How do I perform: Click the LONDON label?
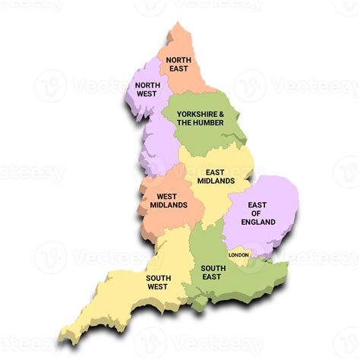coord(238,255)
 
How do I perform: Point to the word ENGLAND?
coord(258,222)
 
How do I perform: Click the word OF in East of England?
coord(258,213)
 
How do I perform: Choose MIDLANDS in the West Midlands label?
coord(169,205)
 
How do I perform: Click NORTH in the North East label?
coord(178,60)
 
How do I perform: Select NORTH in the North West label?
coord(147,85)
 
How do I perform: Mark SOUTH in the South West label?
coord(158,278)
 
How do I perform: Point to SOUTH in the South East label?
coord(213,268)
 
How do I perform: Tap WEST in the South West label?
coord(158,287)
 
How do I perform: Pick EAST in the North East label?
coord(178,69)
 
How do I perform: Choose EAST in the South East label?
coord(213,277)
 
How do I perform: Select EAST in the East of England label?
coord(258,204)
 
